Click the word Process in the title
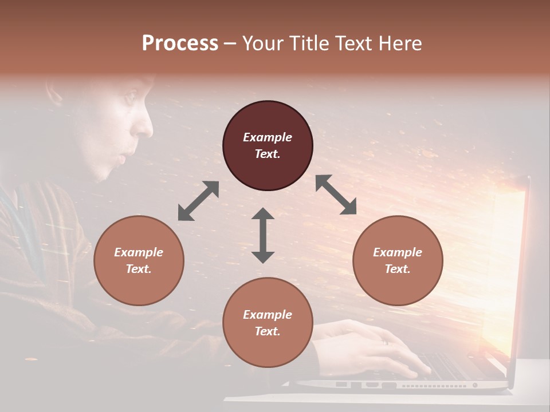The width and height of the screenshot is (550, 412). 180,43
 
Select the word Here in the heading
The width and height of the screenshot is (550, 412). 400,43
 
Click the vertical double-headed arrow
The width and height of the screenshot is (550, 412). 263,235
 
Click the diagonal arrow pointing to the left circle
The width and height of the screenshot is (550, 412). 198,201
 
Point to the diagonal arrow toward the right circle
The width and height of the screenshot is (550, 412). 336,195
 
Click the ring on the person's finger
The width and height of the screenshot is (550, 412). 385,342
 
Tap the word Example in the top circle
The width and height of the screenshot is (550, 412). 268,137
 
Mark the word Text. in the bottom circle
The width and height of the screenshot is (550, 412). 268,331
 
